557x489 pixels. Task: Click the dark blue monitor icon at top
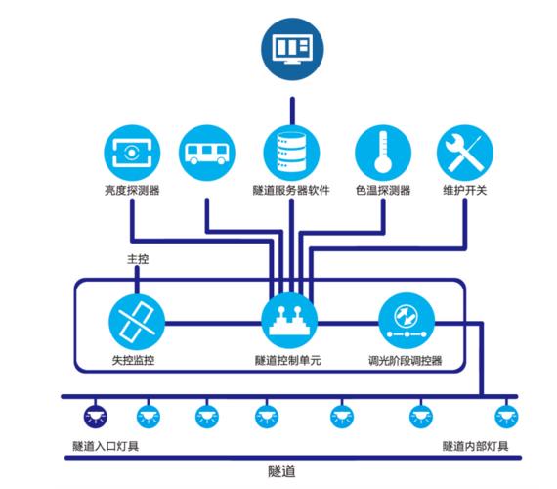[x=292, y=49]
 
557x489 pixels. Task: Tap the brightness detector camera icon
[x=132, y=153]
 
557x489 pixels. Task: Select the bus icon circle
[x=207, y=153]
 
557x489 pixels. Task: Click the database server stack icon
[x=291, y=153]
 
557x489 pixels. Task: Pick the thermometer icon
[x=383, y=153]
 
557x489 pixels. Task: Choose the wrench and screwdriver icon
[x=465, y=153]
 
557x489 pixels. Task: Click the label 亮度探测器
[x=132, y=191]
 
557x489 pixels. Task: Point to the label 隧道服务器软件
[x=291, y=191]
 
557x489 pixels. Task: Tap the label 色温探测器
[x=383, y=191]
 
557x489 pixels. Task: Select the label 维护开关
[x=465, y=191]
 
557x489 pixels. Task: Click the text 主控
[x=138, y=259]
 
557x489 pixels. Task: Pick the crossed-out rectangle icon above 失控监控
[x=137, y=322]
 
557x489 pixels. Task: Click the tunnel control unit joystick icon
[x=289, y=321]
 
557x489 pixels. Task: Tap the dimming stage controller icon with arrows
[x=407, y=321]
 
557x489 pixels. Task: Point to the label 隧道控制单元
[x=288, y=361]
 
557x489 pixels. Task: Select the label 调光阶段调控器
[x=406, y=361]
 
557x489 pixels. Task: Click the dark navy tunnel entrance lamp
[x=95, y=417]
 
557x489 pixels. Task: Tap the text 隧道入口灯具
[x=106, y=446]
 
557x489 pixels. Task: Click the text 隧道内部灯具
[x=475, y=446]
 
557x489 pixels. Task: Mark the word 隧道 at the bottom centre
[x=281, y=471]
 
